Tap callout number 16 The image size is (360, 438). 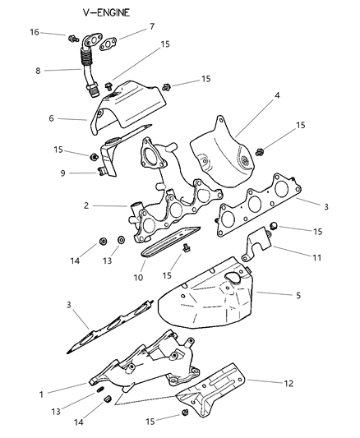point(58,32)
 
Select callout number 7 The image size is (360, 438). point(151,27)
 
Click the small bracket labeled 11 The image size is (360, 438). point(260,242)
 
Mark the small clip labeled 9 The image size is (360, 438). point(101,171)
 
